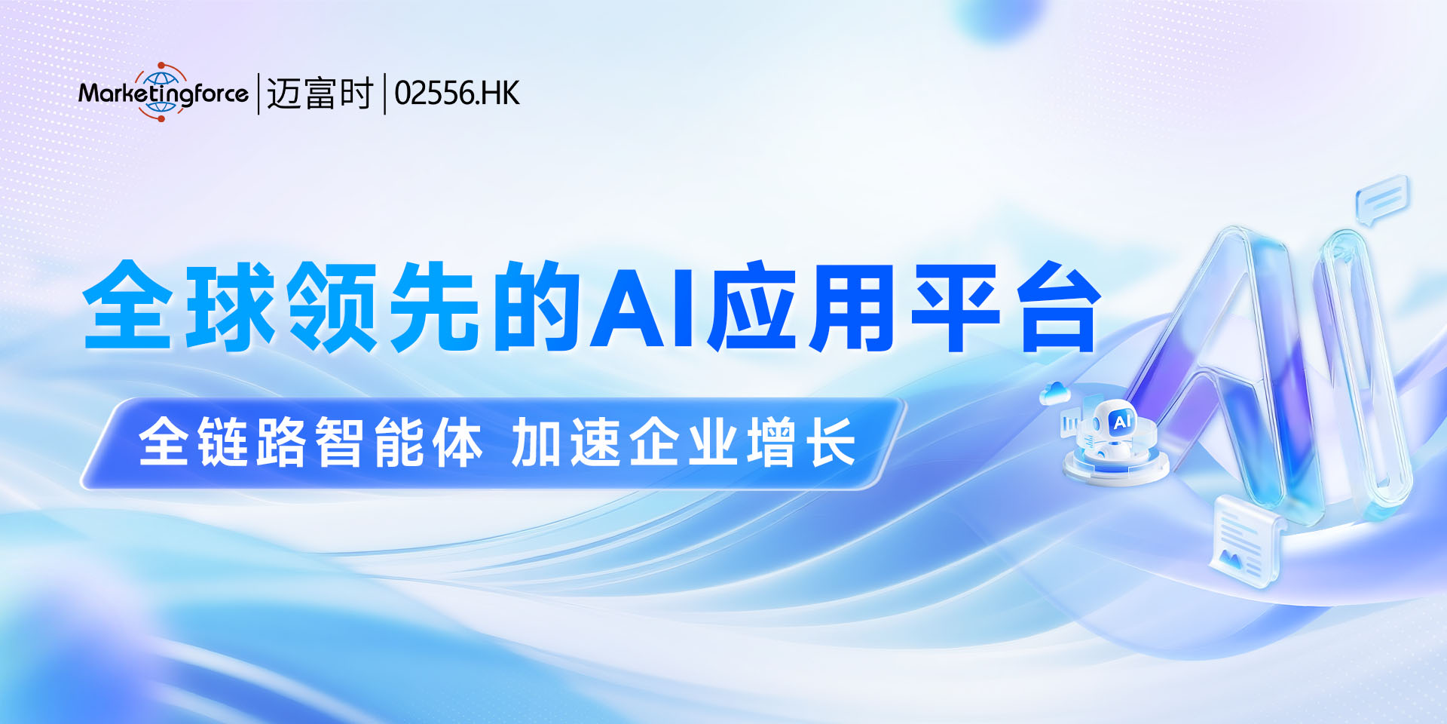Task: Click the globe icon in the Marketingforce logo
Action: pyautogui.click(x=161, y=92)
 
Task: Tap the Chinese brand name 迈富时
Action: pyautogui.click(x=320, y=94)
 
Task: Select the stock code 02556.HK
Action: pyautogui.click(x=457, y=94)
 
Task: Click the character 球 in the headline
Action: pyautogui.click(x=231, y=306)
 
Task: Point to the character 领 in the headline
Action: pyautogui.click(x=332, y=306)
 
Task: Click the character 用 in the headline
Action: pyautogui.click(x=851, y=306)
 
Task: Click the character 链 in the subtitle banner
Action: pyautogui.click(x=223, y=443)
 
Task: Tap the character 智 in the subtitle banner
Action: pyautogui.click(x=341, y=443)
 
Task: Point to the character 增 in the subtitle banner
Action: pyautogui.click(x=772, y=443)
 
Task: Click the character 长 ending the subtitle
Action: pyautogui.click(x=831, y=443)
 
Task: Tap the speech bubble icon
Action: pyautogui.click(x=1381, y=199)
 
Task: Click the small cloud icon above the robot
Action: pyautogui.click(x=1055, y=393)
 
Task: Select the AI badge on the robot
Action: pyautogui.click(x=1122, y=422)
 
